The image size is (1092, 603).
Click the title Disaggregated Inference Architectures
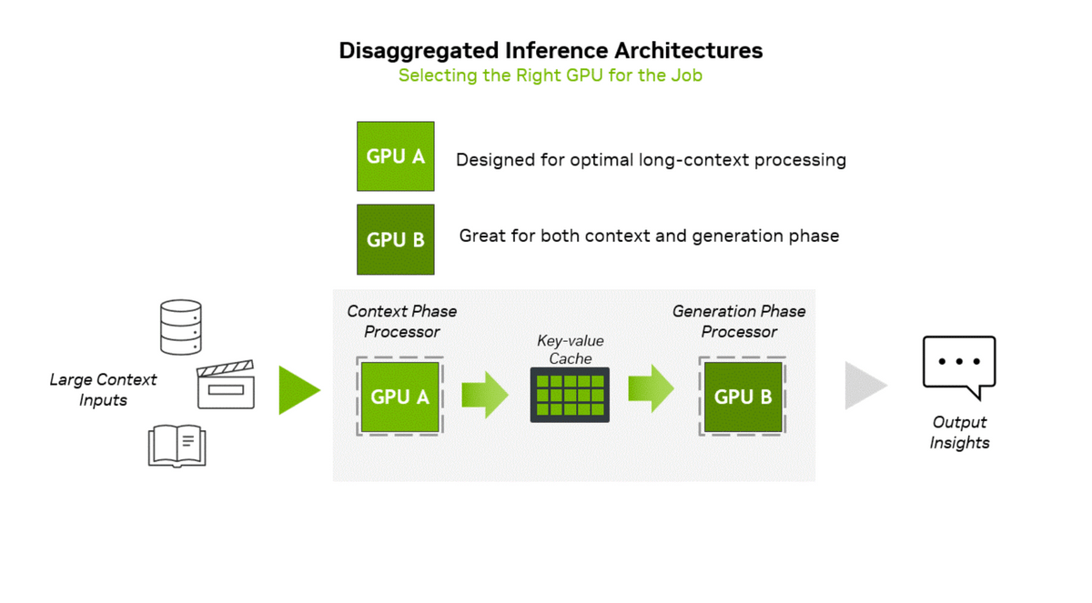(551, 50)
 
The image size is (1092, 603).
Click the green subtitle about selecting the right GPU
(551, 75)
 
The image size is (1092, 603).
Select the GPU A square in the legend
(395, 156)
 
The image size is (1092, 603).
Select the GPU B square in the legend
(395, 239)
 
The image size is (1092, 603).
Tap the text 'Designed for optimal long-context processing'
(651, 160)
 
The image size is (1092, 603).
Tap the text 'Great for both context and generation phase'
(649, 236)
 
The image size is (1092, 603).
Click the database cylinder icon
(180, 327)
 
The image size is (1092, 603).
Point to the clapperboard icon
(226, 386)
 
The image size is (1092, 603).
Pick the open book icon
(177, 447)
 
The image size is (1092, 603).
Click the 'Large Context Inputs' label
(103, 389)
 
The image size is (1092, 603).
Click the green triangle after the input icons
(298, 390)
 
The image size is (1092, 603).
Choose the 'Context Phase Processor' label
(401, 321)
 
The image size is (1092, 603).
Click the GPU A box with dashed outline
(399, 397)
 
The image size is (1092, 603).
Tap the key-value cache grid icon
(570, 395)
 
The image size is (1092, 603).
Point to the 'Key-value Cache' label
(571, 349)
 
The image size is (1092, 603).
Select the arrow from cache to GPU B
(651, 388)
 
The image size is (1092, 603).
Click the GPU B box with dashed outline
(743, 397)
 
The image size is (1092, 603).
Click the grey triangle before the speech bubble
(864, 386)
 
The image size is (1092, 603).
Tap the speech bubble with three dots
(959, 366)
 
